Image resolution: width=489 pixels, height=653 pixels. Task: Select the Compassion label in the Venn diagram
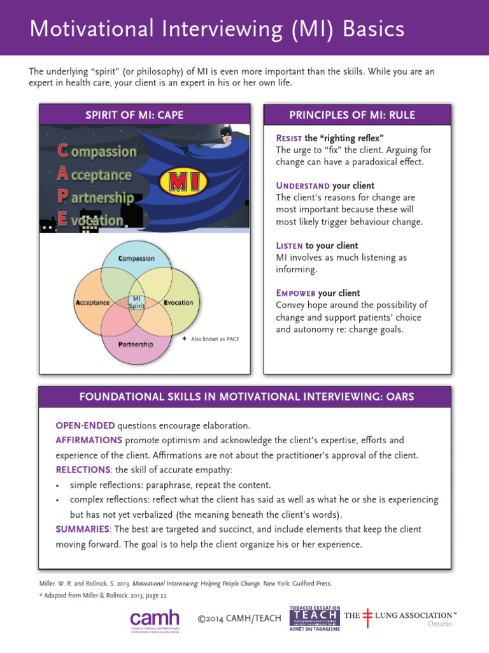[x=137, y=258]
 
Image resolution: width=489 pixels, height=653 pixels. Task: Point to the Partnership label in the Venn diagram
[x=136, y=344]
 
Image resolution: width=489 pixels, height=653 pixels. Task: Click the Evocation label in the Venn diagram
[x=178, y=302]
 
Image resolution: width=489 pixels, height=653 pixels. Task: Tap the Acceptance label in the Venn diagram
[x=93, y=302]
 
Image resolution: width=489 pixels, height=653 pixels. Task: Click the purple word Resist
[x=288, y=138]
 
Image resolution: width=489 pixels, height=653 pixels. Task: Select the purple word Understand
[x=302, y=186]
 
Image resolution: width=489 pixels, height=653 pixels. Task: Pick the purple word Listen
[x=289, y=246]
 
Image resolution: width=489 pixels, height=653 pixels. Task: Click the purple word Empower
[x=295, y=293]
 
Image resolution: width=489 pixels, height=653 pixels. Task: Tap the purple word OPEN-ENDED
[x=85, y=425]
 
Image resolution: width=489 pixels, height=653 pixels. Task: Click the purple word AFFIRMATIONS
[x=89, y=440]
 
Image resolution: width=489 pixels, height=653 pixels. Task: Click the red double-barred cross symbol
[x=367, y=617]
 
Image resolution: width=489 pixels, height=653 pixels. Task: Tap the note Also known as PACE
[x=215, y=339]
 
